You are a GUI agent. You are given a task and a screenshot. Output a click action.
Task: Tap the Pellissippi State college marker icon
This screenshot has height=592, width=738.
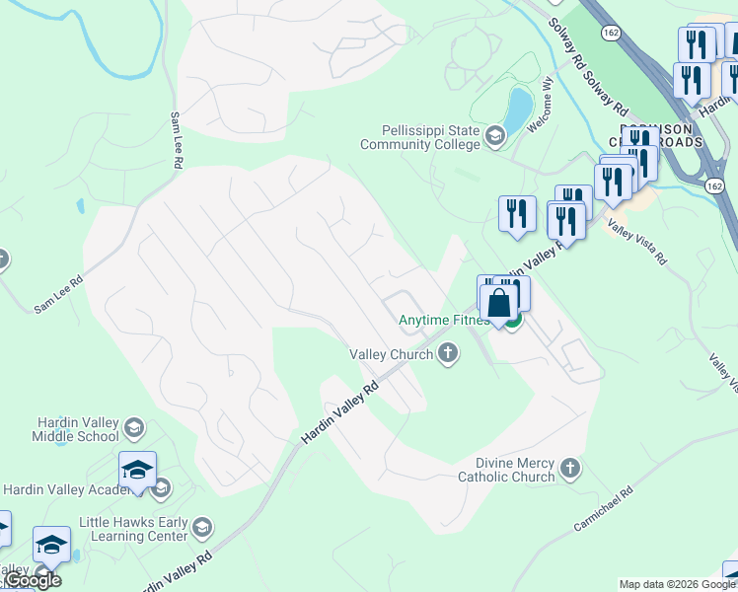point(494,138)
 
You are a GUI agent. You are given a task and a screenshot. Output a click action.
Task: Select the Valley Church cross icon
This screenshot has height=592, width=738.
point(449,353)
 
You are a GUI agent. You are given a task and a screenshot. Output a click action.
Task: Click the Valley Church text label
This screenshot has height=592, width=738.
point(392,354)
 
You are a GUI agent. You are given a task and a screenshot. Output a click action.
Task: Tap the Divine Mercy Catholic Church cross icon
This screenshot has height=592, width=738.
point(570,468)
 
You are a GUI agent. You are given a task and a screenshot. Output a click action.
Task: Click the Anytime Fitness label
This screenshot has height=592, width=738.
point(444,320)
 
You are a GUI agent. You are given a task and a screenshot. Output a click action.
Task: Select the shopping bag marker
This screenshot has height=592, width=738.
point(499,304)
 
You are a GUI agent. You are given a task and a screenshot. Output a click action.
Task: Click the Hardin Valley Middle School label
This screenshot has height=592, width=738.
point(62,429)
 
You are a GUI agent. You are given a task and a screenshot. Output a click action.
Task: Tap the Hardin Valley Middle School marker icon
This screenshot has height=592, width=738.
point(134,428)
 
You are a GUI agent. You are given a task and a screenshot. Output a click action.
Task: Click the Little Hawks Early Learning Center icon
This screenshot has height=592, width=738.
point(203,525)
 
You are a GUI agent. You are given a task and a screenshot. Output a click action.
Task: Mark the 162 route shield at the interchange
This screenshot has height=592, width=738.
point(714,185)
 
